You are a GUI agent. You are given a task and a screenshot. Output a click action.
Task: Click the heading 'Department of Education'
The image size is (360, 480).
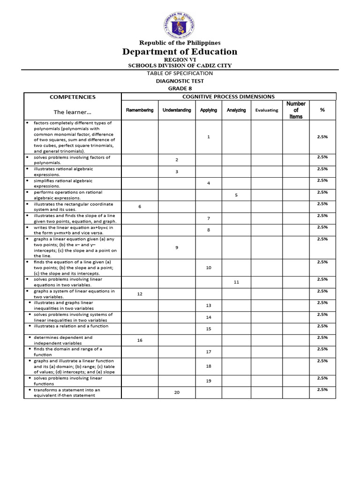point(180,52)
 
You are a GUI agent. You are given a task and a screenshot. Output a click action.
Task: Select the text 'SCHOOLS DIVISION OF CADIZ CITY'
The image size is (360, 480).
point(180,66)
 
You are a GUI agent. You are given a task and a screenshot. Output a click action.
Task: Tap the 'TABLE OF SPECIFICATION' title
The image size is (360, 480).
point(180,73)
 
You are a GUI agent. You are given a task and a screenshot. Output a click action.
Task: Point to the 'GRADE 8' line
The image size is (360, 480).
point(180,88)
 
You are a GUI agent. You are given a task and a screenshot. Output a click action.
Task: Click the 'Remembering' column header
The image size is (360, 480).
point(140,110)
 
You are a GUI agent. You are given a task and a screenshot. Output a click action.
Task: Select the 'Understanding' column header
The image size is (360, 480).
point(177,110)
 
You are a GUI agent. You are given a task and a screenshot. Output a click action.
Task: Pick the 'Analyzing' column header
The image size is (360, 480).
point(236,110)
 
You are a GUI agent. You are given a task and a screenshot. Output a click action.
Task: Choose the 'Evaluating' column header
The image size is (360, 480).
point(266,110)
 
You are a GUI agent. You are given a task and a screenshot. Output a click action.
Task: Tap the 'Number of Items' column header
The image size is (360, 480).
point(296,110)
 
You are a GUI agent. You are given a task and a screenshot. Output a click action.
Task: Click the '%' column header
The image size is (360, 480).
point(322,110)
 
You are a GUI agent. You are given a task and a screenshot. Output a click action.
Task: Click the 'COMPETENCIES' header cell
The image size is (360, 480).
point(73,97)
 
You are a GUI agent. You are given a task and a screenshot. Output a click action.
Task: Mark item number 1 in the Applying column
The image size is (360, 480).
point(209,136)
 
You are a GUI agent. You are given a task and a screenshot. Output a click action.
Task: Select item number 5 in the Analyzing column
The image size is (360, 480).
point(236,195)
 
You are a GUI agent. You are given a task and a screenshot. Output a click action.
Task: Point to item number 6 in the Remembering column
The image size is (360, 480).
point(140,206)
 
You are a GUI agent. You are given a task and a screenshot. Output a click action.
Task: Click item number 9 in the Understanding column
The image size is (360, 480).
point(177,247)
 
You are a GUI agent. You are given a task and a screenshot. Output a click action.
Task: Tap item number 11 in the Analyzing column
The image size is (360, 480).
point(236,282)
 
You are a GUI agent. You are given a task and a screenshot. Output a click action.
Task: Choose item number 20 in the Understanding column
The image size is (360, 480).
point(177,392)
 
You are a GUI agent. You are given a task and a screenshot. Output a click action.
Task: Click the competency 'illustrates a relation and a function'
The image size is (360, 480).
point(71,326)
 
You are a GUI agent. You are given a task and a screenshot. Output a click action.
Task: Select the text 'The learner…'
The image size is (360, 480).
point(73,112)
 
